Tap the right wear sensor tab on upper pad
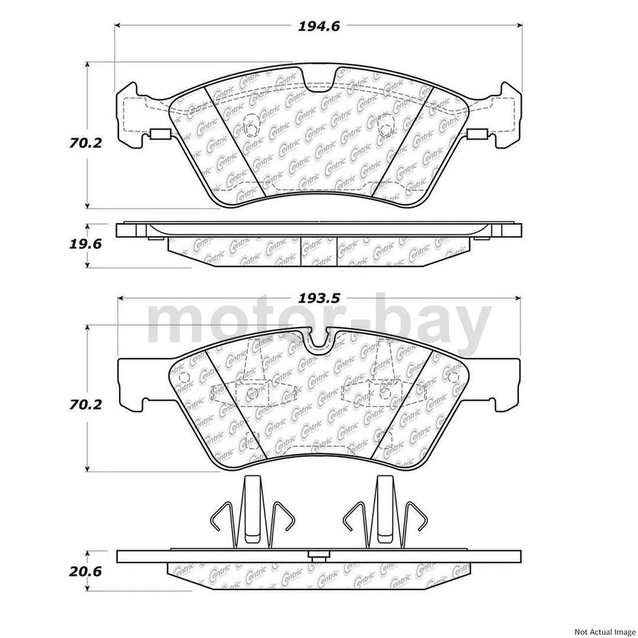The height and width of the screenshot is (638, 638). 477,137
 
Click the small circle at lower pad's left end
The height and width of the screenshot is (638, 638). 184,377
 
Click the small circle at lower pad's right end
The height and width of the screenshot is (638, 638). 454,377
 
